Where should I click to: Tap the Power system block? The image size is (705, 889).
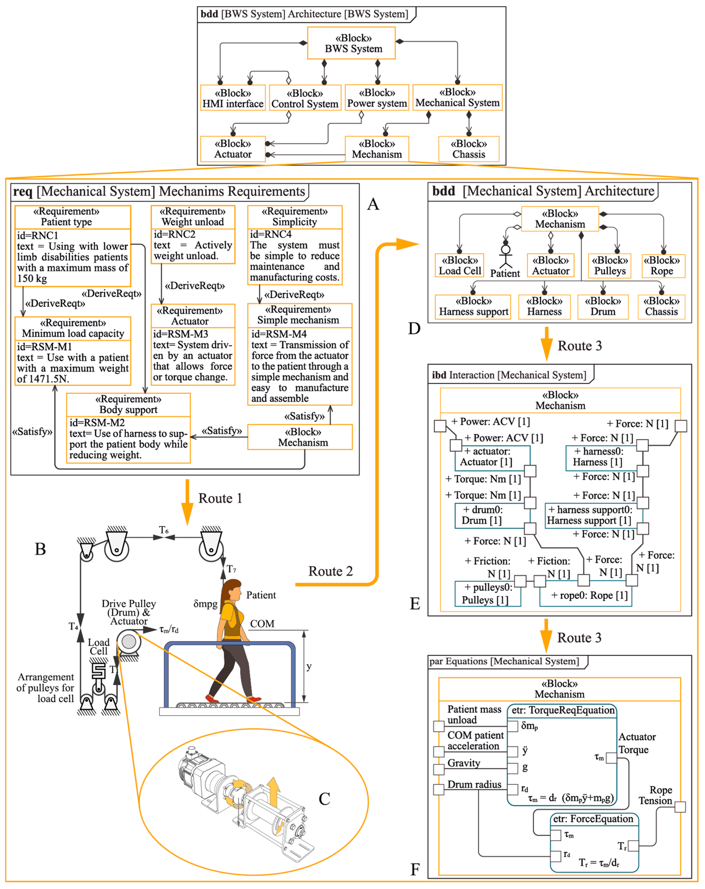pyautogui.click(x=377, y=98)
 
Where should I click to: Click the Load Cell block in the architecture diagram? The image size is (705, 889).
pyautogui.click(x=459, y=265)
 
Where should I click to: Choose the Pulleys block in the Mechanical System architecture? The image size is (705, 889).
pyautogui.click(x=609, y=265)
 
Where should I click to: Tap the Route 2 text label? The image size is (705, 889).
pyautogui.click(x=330, y=571)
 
